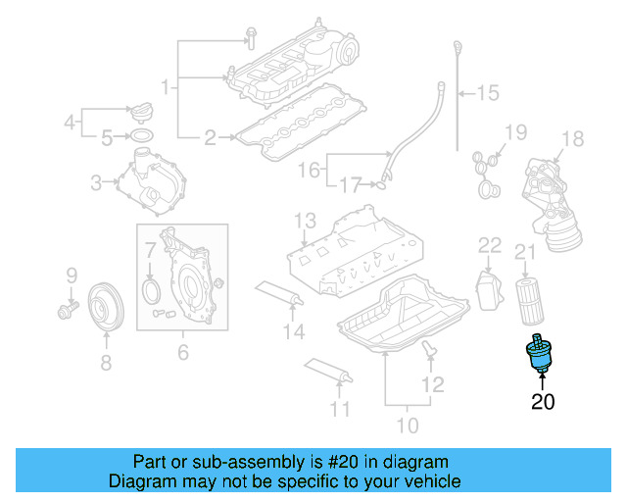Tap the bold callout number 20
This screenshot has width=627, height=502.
coord(542,401)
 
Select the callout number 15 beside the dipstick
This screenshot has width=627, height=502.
coord(487,93)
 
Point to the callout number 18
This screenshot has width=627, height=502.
coord(572,138)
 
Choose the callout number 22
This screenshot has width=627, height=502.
coord(489,244)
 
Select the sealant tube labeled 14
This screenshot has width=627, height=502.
coord(279,293)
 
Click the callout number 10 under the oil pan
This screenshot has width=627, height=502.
coord(407,425)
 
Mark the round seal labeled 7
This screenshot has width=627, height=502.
coord(151,289)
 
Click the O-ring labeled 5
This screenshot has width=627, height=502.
coord(141,135)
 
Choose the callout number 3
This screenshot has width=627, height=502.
coord(96,181)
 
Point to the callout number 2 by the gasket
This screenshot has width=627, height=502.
coord(210,138)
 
